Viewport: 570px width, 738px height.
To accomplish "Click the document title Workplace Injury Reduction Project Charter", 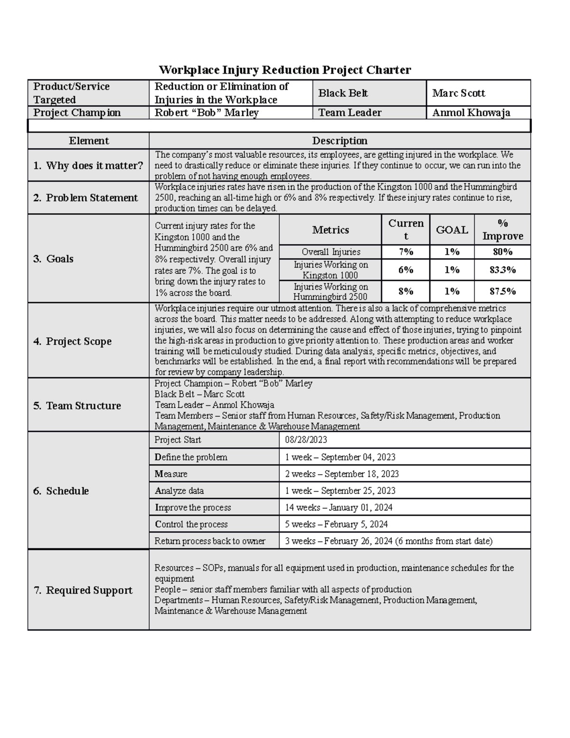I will (x=285, y=70).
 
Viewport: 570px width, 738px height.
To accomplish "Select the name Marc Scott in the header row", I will (x=458, y=93).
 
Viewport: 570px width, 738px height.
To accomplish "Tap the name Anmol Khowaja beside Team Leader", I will (x=471, y=113).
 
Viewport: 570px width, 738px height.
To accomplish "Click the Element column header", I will (x=89, y=141).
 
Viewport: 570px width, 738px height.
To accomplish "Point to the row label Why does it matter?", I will (x=88, y=165).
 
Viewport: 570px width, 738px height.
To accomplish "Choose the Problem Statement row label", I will (x=85, y=198).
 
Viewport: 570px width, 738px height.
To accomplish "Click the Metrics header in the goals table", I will (x=331, y=230).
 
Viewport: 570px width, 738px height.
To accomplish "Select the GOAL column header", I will (x=452, y=230).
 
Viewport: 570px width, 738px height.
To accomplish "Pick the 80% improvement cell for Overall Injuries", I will (x=502, y=252).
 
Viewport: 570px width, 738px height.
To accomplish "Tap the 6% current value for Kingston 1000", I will (x=406, y=270).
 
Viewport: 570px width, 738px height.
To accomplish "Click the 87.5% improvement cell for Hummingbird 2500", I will (x=502, y=291).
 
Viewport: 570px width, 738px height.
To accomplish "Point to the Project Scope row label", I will (x=73, y=341).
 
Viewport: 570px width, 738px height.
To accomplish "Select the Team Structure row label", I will (x=77, y=405).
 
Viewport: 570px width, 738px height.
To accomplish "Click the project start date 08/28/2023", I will (x=306, y=440).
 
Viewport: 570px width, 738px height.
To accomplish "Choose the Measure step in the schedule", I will (x=171, y=474).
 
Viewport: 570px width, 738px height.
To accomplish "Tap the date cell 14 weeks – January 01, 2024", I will (x=339, y=508).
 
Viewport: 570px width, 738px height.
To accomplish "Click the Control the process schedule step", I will (x=191, y=524).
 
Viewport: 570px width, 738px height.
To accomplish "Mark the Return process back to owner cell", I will (x=210, y=541).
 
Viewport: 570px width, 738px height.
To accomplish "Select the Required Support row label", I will (x=83, y=590).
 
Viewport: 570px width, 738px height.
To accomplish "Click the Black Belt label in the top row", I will (x=343, y=93).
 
